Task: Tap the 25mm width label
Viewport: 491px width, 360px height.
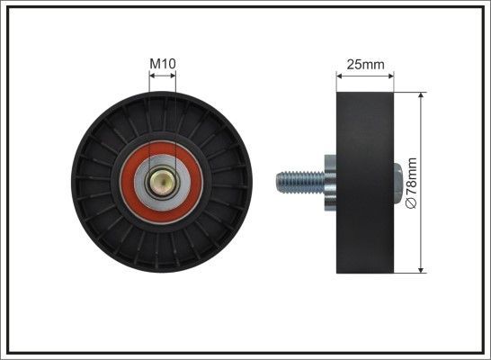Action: point(365,64)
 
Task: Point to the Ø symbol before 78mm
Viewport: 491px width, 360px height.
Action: point(413,205)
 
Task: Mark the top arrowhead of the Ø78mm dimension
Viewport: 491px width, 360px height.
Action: point(422,94)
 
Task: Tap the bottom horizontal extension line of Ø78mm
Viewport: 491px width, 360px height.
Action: point(409,272)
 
